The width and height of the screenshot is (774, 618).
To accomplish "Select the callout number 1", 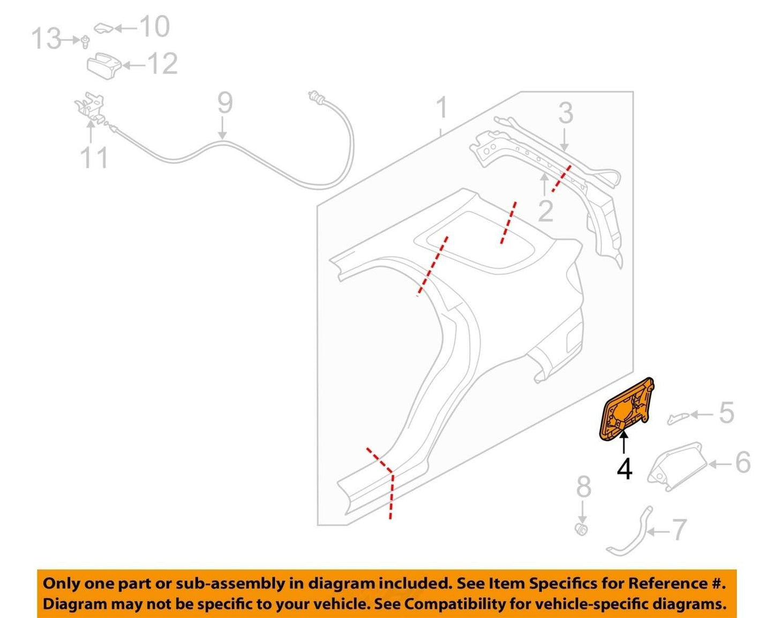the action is click(442, 107).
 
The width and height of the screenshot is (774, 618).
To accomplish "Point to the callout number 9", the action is click(225, 103).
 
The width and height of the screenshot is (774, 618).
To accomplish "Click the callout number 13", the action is click(47, 39).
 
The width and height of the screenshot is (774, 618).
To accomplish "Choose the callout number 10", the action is click(155, 26).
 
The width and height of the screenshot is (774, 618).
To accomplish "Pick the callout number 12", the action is click(163, 64).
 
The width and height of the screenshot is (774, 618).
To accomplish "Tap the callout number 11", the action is click(94, 158).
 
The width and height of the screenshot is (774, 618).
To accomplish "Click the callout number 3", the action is click(566, 113).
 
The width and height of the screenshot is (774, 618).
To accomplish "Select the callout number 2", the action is click(545, 211).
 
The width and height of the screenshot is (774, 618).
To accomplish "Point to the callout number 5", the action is click(726, 413).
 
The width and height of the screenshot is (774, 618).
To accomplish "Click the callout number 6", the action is click(743, 463).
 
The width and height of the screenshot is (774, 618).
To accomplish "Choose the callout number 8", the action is click(583, 487).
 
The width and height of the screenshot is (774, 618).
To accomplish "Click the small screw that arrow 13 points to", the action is click(85, 42).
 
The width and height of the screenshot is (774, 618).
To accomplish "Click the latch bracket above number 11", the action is click(90, 106).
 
